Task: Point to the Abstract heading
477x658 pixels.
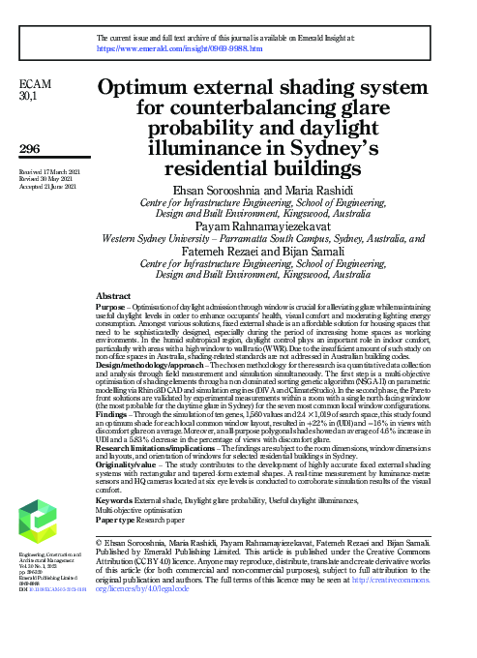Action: click(114, 295)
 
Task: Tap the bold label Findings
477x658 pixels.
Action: click(113, 414)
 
